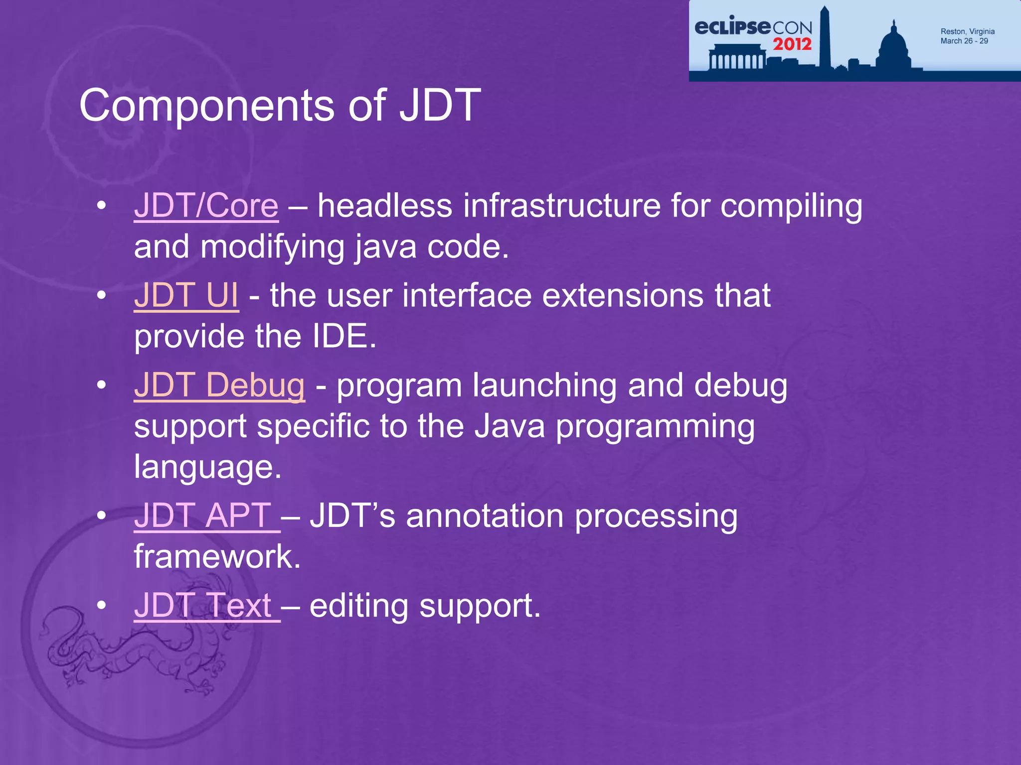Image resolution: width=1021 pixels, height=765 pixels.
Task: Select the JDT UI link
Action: point(186,295)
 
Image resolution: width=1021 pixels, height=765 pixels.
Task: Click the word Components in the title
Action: point(206,105)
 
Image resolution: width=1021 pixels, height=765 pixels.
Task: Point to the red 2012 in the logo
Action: point(792,44)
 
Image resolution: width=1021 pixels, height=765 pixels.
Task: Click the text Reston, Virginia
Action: point(967,31)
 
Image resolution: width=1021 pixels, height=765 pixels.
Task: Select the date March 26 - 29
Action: point(964,41)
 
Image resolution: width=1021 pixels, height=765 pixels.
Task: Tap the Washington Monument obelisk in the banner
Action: point(824,40)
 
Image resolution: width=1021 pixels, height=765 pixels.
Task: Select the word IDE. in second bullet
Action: point(344,336)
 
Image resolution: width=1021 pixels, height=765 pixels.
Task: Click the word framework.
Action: point(217,556)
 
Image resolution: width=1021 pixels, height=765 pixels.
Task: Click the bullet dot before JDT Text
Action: point(102,605)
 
